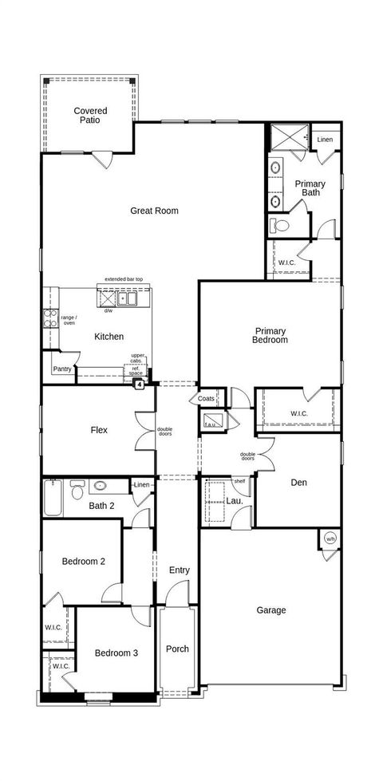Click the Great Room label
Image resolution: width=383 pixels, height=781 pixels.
tap(154, 211)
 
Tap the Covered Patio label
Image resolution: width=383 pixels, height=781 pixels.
tap(91, 116)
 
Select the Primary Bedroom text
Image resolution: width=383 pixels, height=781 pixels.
tap(270, 335)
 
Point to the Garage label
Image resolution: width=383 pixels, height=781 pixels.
tap(271, 610)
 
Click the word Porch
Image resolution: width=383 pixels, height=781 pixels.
tap(177, 649)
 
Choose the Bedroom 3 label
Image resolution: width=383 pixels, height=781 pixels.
tap(116, 653)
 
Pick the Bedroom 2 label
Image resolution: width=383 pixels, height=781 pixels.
tap(84, 562)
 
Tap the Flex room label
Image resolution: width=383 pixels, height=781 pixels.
tap(99, 430)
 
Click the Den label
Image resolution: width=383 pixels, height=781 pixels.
tap(299, 483)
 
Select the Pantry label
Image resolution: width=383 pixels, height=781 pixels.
tap(62, 369)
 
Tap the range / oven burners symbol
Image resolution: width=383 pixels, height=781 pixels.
tap(49, 318)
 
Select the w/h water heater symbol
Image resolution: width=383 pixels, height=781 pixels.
tap(330, 539)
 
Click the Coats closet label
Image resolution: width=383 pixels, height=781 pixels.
tap(207, 399)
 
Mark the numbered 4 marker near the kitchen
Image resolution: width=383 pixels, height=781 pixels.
tap(140, 385)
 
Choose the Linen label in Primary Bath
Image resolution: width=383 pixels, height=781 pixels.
tap(325, 140)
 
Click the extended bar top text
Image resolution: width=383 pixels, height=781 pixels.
tap(124, 279)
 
